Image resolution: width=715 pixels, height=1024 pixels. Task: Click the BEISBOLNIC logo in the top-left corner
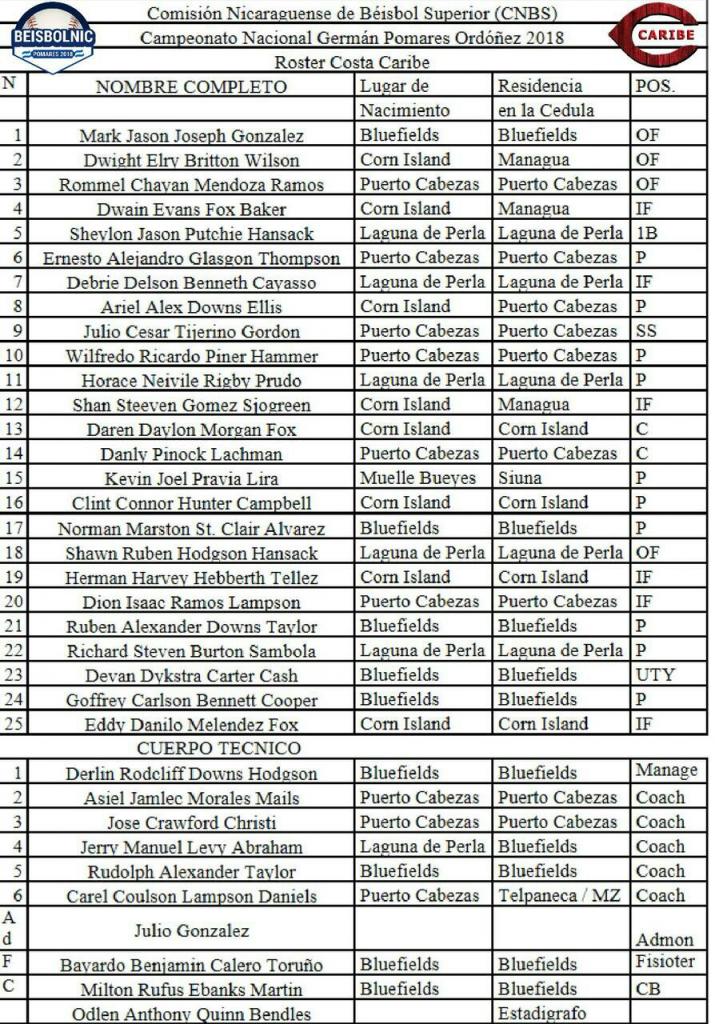click(53, 36)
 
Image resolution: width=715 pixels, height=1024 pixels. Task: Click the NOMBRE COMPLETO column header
click(191, 87)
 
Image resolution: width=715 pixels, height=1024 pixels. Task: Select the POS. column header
click(655, 86)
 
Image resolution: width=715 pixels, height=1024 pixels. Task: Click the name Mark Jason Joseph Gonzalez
click(191, 135)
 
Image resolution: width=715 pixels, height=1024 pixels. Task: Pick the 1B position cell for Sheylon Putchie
click(648, 233)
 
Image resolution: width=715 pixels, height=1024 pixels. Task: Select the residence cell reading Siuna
click(520, 478)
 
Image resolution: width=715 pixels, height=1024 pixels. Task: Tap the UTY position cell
click(655, 675)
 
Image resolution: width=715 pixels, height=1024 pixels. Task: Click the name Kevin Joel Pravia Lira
click(191, 479)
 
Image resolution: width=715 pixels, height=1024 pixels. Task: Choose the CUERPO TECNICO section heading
click(191, 748)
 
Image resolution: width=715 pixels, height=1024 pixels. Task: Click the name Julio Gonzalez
click(191, 931)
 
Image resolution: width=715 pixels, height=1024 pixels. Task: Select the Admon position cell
click(664, 940)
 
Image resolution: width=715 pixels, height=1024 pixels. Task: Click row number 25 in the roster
click(14, 724)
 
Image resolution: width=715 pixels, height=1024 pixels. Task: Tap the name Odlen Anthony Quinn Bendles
click(191, 1014)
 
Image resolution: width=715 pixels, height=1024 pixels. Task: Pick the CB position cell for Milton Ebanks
click(648, 989)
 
